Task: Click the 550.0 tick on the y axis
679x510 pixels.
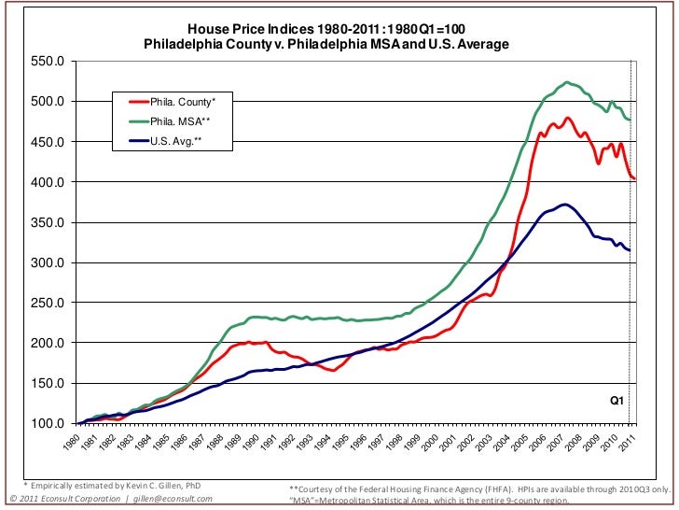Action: [x=48, y=62]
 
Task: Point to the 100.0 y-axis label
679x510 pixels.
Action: [x=48, y=424]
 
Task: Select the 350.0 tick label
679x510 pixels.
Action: [x=48, y=222]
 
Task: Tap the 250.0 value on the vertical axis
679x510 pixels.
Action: [x=48, y=304]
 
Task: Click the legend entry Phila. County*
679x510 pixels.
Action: [x=183, y=101]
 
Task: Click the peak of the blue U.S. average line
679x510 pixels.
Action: [x=563, y=204]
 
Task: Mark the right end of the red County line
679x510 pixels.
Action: [x=634, y=178]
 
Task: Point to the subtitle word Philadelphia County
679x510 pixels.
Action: [x=201, y=44]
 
